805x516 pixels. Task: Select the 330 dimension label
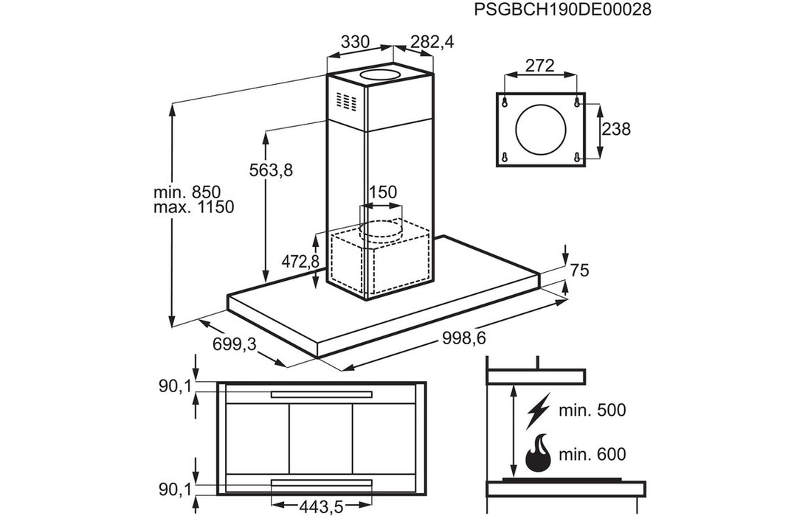click(x=355, y=42)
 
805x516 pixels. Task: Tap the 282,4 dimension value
click(x=431, y=42)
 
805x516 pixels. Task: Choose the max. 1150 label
click(x=193, y=207)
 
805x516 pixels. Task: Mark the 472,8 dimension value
click(x=300, y=261)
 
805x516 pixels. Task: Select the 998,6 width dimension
click(x=467, y=338)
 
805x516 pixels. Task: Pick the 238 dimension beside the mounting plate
click(x=616, y=130)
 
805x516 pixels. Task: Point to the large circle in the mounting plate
click(x=542, y=130)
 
